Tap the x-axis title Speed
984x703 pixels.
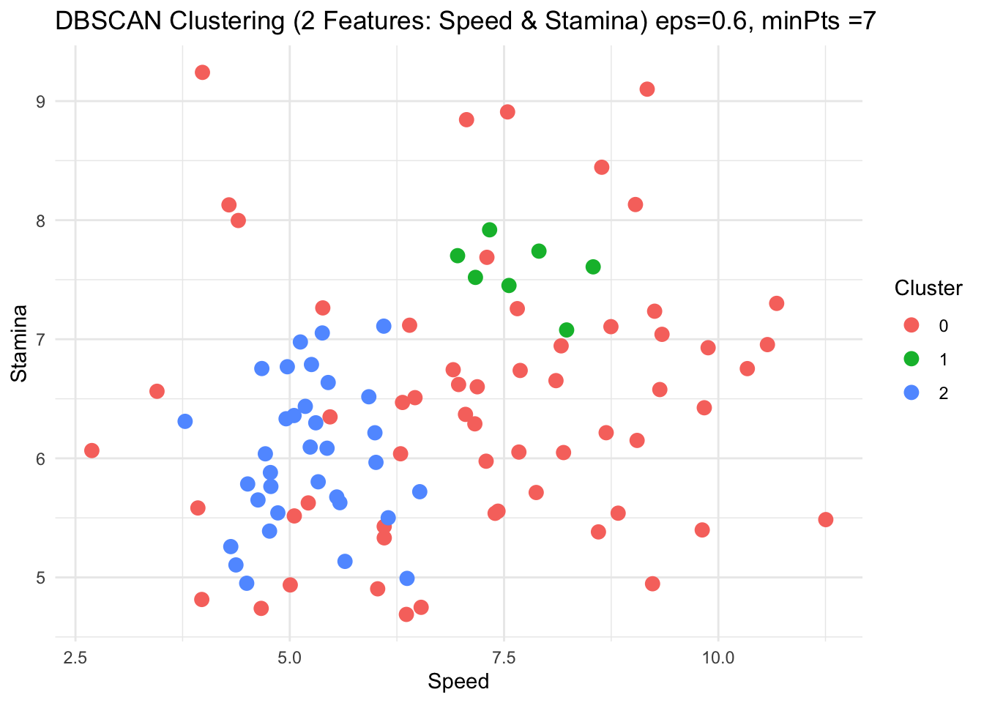coord(458,682)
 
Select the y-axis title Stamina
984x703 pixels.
coord(20,343)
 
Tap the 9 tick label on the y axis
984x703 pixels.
coord(40,101)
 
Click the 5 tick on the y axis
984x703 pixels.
coord(40,578)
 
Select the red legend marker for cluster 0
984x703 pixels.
coord(912,325)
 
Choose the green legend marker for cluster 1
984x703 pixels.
coord(912,359)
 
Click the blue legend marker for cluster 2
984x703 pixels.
coord(912,393)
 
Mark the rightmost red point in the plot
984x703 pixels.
coord(826,519)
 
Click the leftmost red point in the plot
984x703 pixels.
coord(92,450)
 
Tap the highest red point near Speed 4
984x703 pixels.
coord(203,72)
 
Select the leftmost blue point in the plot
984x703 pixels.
coord(185,421)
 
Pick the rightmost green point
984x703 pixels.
coord(593,267)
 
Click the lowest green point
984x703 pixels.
coord(567,330)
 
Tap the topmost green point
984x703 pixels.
coord(490,230)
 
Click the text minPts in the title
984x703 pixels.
coord(796,22)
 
